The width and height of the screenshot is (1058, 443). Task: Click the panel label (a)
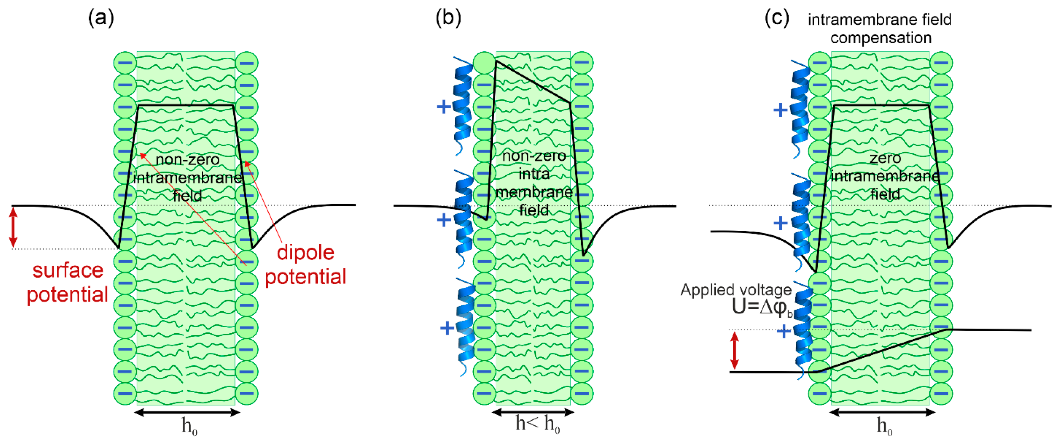click(x=101, y=18)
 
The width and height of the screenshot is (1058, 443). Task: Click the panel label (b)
click(x=448, y=18)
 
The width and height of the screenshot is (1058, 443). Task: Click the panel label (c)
click(x=777, y=18)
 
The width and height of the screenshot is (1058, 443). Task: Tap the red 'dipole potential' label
click(x=305, y=265)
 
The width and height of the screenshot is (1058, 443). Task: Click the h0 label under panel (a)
click(x=189, y=426)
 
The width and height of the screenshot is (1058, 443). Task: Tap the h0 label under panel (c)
click(x=884, y=426)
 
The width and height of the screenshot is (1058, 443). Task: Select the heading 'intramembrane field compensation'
click(x=880, y=29)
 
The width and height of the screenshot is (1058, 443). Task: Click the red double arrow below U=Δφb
click(x=735, y=350)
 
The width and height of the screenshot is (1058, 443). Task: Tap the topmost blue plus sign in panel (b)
click(x=444, y=107)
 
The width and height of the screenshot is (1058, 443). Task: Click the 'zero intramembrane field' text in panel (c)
click(x=885, y=177)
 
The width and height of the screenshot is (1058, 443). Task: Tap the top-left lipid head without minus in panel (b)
click(x=485, y=63)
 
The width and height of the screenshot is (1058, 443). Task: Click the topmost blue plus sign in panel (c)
click(x=780, y=110)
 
